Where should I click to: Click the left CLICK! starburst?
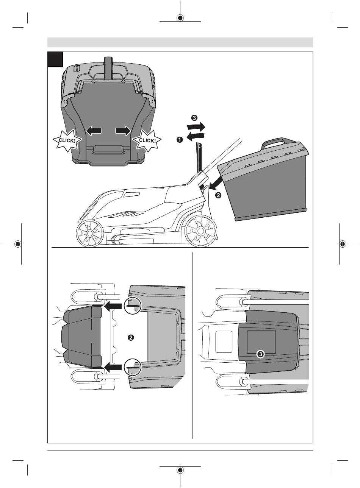point(67,141)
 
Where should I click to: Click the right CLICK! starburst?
point(147,141)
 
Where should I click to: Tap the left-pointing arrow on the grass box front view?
point(94,131)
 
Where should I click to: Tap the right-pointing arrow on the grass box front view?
point(123,131)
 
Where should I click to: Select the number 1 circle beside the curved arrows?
point(180,140)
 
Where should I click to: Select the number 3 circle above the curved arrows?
point(194,118)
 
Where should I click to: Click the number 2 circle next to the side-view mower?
point(218,195)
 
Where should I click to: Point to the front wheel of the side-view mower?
point(89,234)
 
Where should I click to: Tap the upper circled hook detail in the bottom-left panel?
point(133,306)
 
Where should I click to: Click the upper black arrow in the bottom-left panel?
point(113,306)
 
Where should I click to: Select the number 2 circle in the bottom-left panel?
point(131,338)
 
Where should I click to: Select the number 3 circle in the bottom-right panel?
point(260,354)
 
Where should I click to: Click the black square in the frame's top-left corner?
point(55,59)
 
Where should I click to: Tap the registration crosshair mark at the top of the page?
point(180,18)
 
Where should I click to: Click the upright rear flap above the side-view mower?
point(199,157)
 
